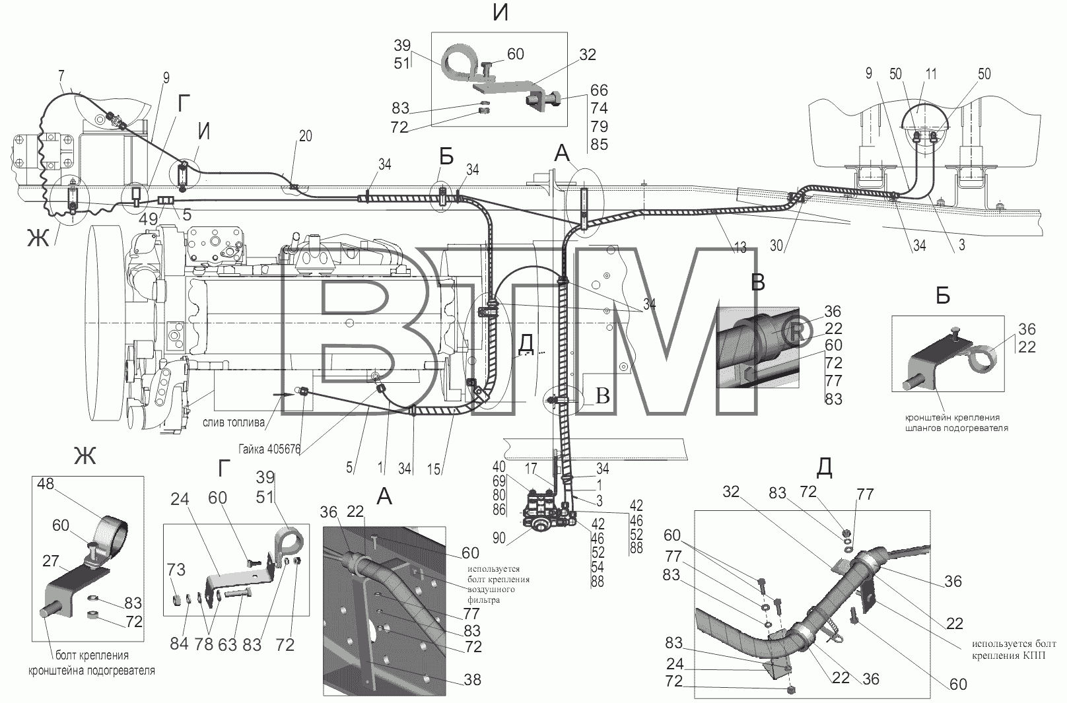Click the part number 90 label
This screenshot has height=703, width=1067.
coord(499,538)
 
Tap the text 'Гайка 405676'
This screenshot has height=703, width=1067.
coord(269,449)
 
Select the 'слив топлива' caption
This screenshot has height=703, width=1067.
coord(234,422)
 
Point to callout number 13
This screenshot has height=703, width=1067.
coord(740,247)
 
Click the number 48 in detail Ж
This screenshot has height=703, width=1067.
coord(46,484)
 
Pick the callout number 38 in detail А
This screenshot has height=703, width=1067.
coord(472,679)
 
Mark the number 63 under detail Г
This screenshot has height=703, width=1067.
coord(227,645)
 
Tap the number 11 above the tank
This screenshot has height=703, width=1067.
coord(930,74)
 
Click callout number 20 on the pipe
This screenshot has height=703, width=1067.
coord(305,136)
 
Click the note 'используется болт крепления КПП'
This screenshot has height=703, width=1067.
coord(1014,649)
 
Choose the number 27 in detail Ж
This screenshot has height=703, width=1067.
coord(50,561)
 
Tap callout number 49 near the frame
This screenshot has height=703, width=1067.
coord(148,218)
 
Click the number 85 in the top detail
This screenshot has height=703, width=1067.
coord(600,145)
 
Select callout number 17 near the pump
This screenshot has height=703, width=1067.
coord(531,469)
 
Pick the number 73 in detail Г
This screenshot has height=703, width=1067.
coord(176,569)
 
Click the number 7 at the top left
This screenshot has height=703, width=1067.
coord(61,76)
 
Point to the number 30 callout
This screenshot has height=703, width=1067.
coord(776,246)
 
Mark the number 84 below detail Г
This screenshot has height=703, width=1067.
coord(179,644)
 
